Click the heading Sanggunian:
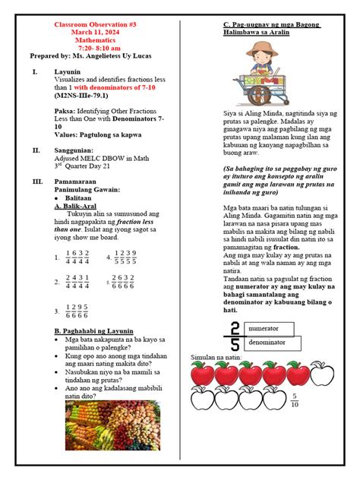click(77, 150)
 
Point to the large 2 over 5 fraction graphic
click(232, 336)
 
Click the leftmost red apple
click(201, 374)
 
